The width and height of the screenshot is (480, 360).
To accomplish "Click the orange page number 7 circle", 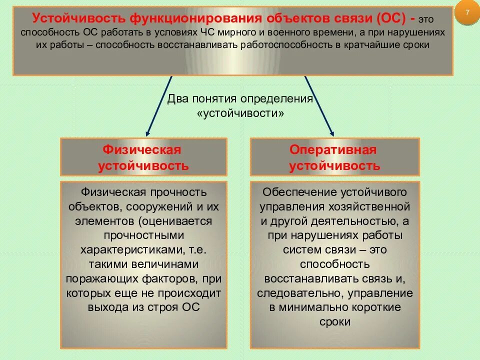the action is pyautogui.click(x=467, y=13).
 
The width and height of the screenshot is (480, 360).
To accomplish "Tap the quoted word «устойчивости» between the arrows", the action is pyautogui.click(x=241, y=113).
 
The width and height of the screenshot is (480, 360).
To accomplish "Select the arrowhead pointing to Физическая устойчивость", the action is pyautogui.click(x=147, y=133).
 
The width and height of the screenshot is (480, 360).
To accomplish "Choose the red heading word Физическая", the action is pyautogui.click(x=141, y=149).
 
